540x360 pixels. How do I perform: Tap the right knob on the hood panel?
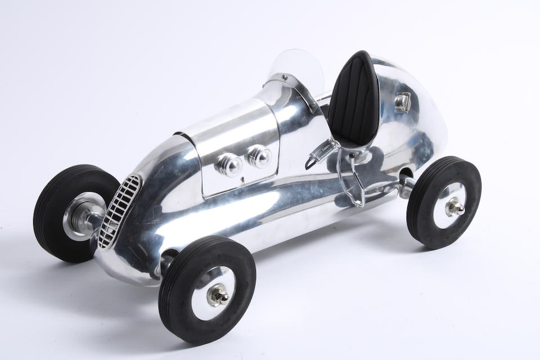click(x=259, y=156)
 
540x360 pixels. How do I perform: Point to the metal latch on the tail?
click(x=402, y=102)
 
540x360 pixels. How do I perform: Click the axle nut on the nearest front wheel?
click(x=217, y=294)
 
